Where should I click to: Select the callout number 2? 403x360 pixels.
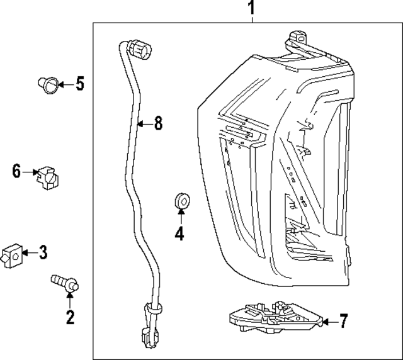tap(70, 317)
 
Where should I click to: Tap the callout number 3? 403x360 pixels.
tap(42, 253)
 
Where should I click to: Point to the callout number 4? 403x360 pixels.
tap(179, 234)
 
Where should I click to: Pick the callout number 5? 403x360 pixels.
tap(79, 83)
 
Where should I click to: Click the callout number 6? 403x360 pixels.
tap(17, 171)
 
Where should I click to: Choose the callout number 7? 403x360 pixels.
tap(343, 322)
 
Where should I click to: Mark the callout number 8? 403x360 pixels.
tap(158, 123)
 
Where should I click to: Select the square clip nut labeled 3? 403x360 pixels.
tap(11, 256)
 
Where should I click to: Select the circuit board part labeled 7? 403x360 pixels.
tap(274, 318)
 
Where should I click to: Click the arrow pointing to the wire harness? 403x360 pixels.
tap(143, 124)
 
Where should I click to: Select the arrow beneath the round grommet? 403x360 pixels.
tap(181, 218)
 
